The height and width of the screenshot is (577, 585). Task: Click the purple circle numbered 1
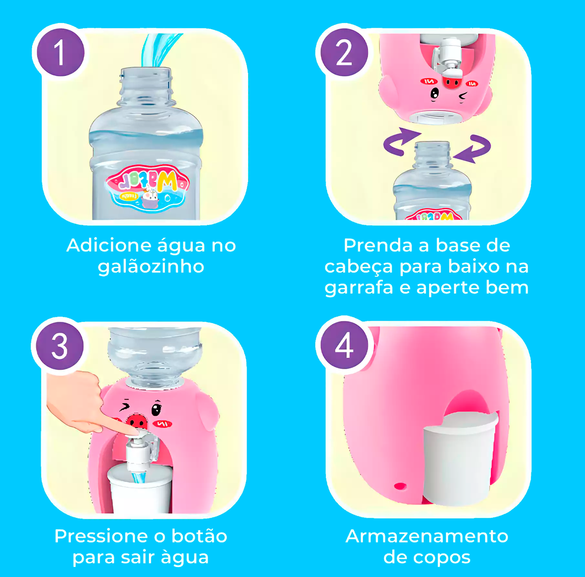60,53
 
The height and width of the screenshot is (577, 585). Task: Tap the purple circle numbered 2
344,53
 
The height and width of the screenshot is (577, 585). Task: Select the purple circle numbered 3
60,346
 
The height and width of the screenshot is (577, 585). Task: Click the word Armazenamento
427,536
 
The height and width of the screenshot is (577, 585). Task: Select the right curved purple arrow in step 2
474,148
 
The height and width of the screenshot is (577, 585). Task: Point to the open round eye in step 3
156,409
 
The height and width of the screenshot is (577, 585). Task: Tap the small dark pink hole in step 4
400,486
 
